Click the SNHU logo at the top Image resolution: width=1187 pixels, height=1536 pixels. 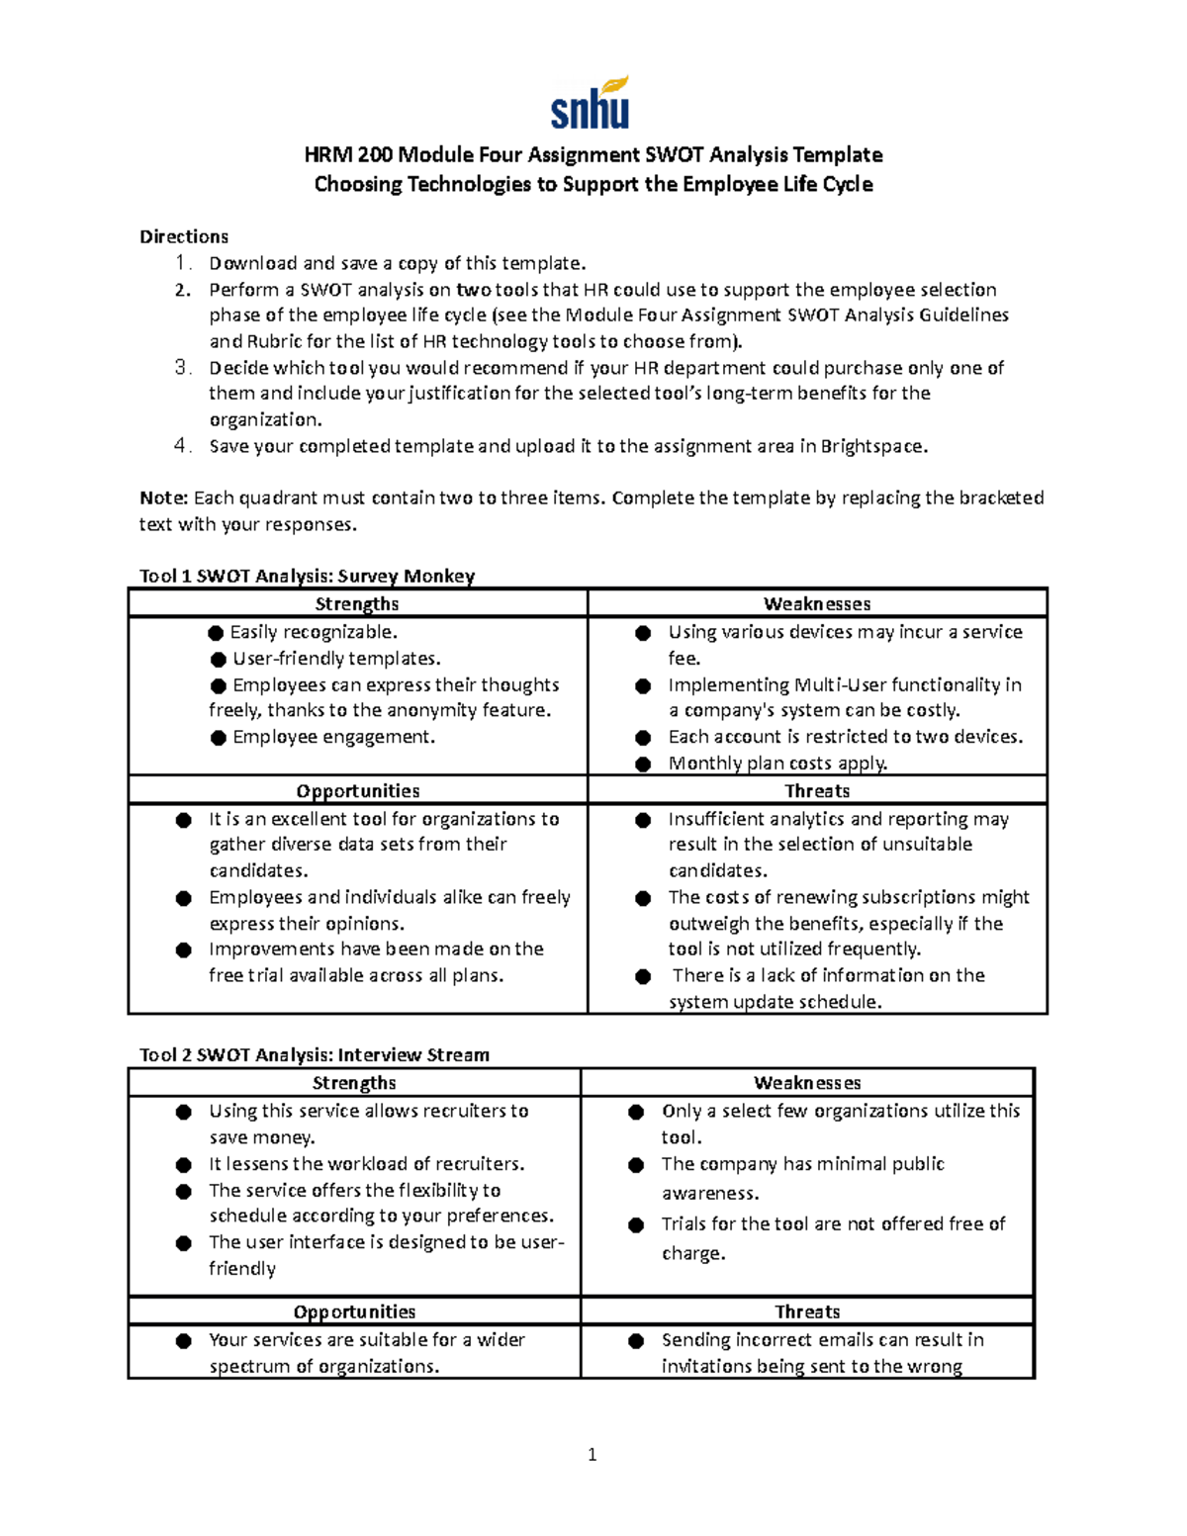[591, 104]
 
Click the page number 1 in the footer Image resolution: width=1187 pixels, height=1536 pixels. [593, 1454]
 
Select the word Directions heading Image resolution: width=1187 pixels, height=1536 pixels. [184, 236]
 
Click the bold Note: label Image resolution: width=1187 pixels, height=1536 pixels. [163, 497]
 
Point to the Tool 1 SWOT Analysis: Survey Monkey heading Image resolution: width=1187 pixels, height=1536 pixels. [307, 576]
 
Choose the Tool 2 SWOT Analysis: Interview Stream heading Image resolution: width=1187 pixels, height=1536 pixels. [315, 1054]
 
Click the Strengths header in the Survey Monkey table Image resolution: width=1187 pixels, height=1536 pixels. [357, 603]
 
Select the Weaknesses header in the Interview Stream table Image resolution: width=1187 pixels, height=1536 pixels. [807, 1083]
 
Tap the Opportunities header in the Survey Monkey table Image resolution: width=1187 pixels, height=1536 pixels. [357, 790]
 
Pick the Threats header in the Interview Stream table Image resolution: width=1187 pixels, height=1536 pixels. [807, 1311]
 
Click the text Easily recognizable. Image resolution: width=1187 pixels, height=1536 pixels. [314, 632]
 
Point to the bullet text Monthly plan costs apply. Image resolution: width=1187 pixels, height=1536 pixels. [777, 763]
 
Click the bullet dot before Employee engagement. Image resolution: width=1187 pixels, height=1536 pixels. [219, 738]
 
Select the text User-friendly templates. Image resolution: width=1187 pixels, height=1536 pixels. [336, 659]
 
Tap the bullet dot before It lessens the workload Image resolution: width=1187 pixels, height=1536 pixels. [184, 1165]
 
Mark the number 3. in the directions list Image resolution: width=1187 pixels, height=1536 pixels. [182, 368]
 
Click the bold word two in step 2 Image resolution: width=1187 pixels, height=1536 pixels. [474, 290]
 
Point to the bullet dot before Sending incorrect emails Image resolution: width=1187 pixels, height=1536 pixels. [637, 1341]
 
